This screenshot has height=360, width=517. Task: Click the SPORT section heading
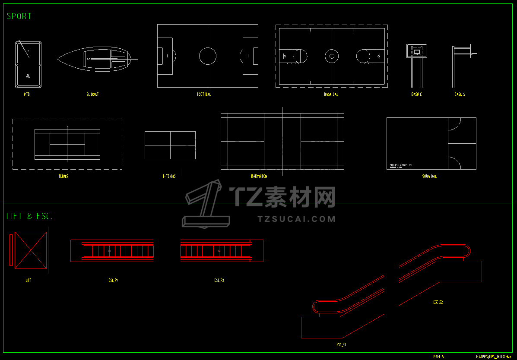pos(19,16)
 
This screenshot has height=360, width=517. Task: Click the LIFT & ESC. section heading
pos(29,217)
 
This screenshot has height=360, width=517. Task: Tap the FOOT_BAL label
pos(204,94)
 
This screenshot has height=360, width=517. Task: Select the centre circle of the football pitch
pos(208,56)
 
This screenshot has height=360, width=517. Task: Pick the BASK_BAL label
pos(331,94)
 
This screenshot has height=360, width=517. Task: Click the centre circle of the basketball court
pos(331,56)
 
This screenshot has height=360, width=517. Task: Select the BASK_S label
pos(460,94)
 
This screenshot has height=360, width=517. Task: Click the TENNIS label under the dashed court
pos(63,176)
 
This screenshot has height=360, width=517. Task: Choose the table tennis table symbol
pos(170,145)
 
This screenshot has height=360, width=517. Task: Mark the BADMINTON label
pos(259,176)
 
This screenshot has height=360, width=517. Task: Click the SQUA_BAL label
pos(429,176)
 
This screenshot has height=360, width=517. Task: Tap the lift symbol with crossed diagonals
pos(31,250)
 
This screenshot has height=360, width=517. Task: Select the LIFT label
pos(29,280)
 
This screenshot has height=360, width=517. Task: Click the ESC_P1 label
pos(113,280)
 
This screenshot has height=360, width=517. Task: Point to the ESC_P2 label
pos(219,280)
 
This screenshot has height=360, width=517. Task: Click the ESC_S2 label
pos(438,302)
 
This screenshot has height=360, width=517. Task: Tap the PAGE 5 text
pos(438,357)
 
